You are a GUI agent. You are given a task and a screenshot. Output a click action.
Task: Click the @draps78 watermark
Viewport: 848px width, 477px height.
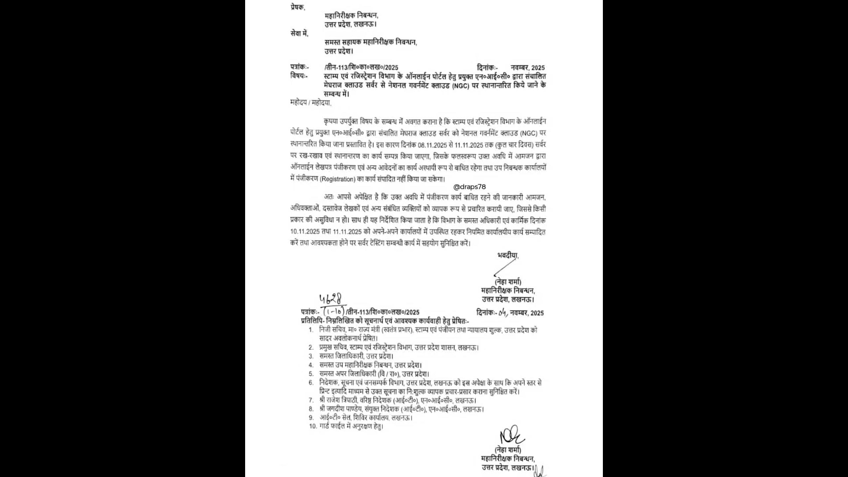[469, 187]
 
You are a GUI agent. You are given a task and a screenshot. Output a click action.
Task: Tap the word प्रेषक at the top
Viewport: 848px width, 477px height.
[297, 7]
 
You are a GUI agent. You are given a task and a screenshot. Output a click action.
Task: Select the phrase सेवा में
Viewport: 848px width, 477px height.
[299, 33]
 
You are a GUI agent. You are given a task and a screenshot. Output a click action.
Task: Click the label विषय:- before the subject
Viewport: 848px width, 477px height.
[299, 76]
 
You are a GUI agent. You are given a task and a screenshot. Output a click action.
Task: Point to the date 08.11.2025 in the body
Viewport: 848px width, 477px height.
[430, 144]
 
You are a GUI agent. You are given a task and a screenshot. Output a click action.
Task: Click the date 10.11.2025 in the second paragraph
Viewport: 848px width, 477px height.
[305, 231]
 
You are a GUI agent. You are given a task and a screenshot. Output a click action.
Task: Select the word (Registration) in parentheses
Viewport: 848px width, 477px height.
[337, 179]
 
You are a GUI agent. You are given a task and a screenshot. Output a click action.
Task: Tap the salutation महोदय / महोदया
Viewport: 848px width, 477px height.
[310, 103]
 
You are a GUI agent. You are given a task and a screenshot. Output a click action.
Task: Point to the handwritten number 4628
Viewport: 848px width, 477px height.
[332, 299]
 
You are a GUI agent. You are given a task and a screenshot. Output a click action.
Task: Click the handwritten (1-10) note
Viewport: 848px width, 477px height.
[333, 311]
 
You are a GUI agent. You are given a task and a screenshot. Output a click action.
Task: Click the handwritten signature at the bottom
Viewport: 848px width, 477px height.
[511, 434]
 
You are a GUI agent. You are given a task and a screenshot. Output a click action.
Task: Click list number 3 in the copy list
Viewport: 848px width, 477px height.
[311, 356]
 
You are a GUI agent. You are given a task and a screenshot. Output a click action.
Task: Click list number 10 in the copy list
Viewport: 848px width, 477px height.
[313, 426]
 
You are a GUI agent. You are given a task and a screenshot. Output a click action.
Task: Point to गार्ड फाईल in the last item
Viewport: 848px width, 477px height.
[332, 426]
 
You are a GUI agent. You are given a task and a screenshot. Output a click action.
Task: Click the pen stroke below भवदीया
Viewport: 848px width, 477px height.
[504, 267]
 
